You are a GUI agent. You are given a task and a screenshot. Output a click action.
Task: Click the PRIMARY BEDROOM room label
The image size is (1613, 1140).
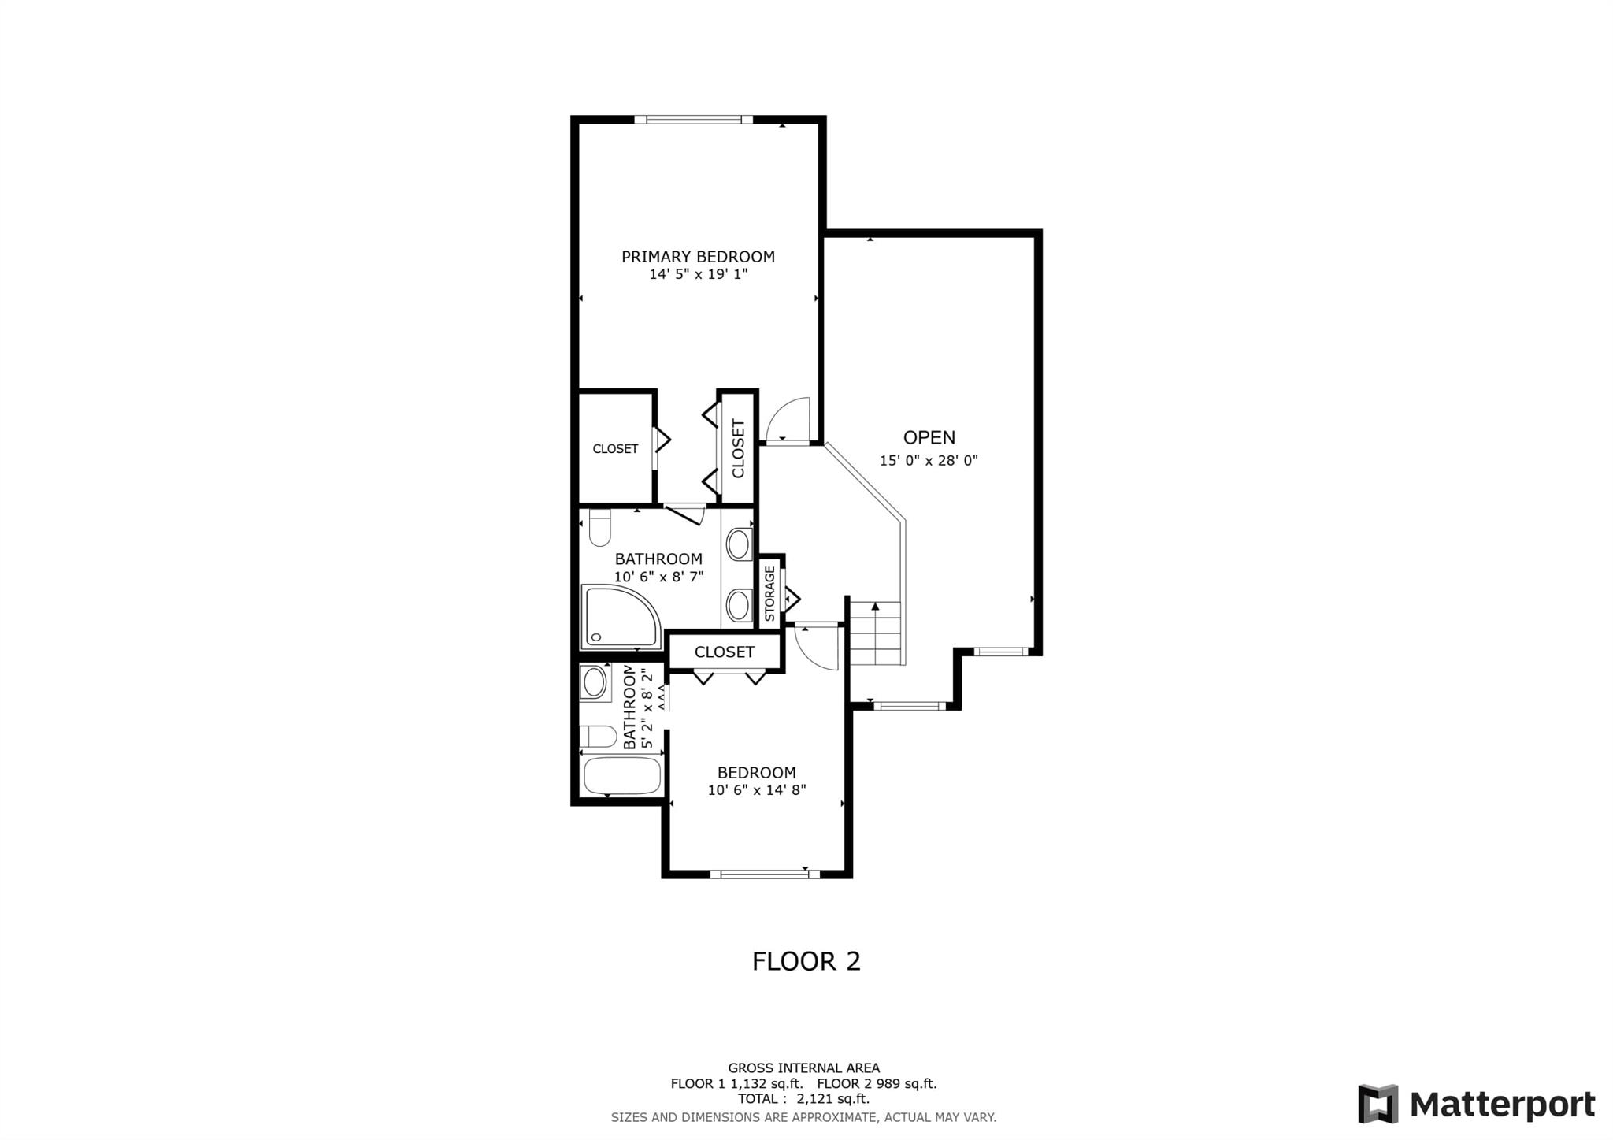pos(698,257)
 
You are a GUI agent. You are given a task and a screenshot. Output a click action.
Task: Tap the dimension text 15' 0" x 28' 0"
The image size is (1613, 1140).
pos(929,461)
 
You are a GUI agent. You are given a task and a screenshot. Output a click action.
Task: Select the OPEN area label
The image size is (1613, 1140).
pos(929,438)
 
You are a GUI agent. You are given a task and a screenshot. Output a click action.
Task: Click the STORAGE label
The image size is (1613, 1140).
pos(769,593)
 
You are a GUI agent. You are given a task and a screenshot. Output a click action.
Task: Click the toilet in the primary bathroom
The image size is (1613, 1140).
pos(600,528)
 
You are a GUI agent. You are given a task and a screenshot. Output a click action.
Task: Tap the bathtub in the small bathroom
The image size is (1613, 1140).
pos(621,776)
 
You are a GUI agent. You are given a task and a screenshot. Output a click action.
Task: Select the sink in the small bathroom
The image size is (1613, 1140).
pos(594,682)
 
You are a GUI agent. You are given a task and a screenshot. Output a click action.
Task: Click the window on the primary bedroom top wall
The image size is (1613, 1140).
pos(694,120)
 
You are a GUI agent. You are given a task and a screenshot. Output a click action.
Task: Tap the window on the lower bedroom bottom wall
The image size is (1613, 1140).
pos(764,873)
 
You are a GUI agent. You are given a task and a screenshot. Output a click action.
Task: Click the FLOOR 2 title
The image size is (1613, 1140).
pos(806,961)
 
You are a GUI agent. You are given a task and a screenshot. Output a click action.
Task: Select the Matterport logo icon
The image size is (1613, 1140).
pos(1378,1104)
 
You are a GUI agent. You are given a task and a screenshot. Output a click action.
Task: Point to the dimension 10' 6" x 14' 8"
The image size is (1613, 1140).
pos(757,790)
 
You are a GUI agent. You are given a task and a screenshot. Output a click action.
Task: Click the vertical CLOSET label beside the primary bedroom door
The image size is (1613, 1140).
pos(738,448)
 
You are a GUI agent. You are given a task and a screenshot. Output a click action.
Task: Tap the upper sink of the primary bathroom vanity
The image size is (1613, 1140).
pos(739,544)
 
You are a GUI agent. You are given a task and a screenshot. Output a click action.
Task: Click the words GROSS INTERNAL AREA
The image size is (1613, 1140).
pos(804,1068)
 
